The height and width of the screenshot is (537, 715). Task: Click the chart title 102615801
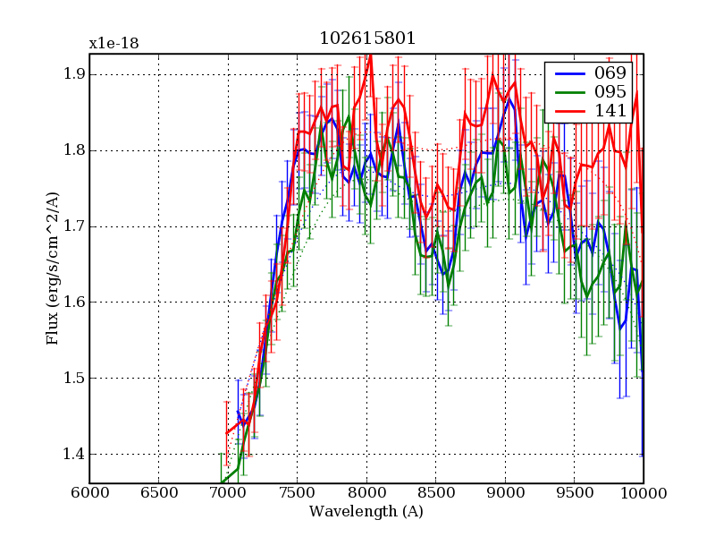coord(366,39)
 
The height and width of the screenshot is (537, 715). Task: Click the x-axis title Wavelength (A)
coord(366,512)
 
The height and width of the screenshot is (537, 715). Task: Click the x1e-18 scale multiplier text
coord(114,43)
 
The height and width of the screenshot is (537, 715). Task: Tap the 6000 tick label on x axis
coord(88,493)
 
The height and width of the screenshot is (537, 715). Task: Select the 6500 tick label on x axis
coord(158,493)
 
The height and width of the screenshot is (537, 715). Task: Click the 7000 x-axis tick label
coord(227,493)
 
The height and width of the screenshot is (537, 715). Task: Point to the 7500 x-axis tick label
coord(297,493)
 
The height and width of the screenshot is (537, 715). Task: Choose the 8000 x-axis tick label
coord(366,493)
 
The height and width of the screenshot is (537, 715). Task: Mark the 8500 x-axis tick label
coord(435,493)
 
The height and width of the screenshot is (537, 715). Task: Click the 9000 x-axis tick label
coord(505,493)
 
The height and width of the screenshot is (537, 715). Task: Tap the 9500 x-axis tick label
coord(574,493)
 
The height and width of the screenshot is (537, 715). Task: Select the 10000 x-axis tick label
coord(642,493)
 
